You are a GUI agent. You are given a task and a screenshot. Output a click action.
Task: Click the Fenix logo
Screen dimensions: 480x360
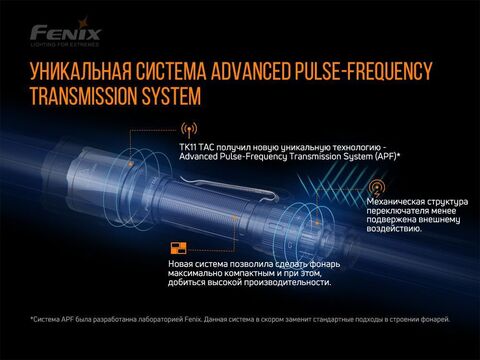tap(66, 32)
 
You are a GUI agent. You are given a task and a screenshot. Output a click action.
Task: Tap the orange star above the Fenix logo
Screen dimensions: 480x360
tap(83, 23)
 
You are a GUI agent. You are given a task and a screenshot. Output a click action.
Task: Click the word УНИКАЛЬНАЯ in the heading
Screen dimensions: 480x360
tap(80, 71)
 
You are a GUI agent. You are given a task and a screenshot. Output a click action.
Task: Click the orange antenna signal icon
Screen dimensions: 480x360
tap(189, 130)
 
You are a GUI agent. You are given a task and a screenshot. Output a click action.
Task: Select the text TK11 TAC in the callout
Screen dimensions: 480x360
tap(194, 147)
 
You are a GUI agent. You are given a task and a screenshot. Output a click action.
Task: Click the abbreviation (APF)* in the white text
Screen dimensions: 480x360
tap(385, 156)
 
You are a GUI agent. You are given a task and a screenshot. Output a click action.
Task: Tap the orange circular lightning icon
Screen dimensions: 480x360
tap(377, 188)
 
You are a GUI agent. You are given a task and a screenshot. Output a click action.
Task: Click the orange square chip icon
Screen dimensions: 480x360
tap(179, 248)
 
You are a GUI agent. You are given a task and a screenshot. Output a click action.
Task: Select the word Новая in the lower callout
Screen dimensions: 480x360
tap(180, 264)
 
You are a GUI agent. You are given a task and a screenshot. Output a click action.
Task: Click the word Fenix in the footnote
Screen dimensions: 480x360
tap(193, 319)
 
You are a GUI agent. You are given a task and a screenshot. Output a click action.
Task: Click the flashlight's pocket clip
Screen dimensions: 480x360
tap(230, 188)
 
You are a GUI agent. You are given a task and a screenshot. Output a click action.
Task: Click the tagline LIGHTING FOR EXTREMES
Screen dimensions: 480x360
tap(65, 44)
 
